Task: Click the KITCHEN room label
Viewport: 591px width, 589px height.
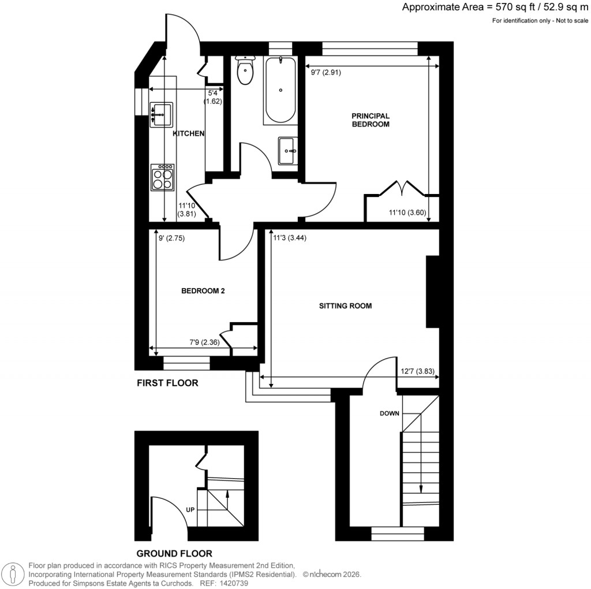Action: pos(189,133)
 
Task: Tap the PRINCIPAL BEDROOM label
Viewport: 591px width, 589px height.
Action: pos(371,120)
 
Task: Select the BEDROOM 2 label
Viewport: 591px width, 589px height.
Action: pos(203,292)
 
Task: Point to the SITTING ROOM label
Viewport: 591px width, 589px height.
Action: pos(345,305)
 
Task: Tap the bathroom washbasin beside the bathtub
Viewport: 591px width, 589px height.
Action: pos(287,151)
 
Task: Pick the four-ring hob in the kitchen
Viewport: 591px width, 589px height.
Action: pos(162,177)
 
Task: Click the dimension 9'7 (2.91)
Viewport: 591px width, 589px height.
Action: pos(326,73)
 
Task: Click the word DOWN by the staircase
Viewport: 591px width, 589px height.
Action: pos(390,413)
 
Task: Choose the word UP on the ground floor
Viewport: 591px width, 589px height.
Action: pos(190,510)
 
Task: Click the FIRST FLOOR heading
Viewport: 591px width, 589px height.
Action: pos(167,383)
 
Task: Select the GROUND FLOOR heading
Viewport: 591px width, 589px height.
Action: pos(174,553)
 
